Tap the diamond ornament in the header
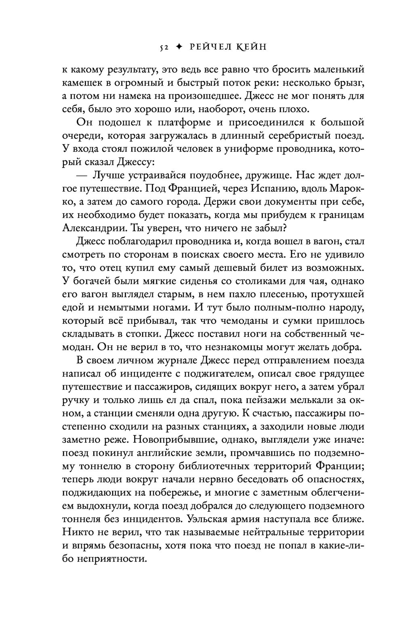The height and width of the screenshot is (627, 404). [181, 47]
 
